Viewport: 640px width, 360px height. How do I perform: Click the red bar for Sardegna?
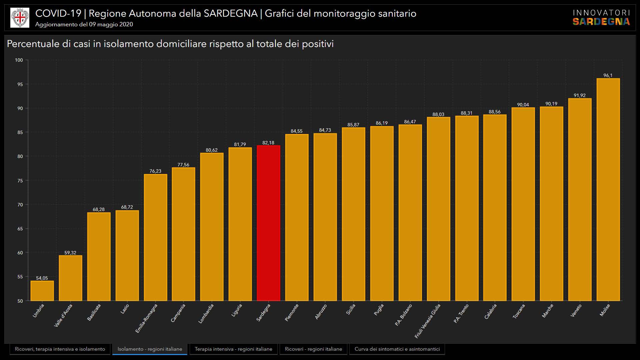[268, 223]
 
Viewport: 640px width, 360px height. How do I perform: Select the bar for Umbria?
[42, 291]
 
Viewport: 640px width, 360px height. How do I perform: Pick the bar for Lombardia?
[212, 227]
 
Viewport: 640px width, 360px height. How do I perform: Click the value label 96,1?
[608, 75]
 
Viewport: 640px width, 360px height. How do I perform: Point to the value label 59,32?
[70, 253]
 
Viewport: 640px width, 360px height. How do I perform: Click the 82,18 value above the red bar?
[268, 143]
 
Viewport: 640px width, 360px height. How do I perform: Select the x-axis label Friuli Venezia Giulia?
[428, 321]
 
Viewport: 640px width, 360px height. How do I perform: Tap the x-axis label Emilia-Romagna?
[147, 318]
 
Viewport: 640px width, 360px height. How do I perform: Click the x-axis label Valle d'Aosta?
[63, 315]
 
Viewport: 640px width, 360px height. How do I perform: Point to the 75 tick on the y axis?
[20, 181]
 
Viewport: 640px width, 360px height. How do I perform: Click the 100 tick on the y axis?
[19, 60]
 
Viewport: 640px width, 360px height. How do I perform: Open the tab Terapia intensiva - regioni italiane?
[233, 349]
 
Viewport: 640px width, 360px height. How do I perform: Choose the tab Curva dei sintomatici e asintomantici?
[397, 349]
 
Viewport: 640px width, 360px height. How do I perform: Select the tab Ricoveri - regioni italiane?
[313, 349]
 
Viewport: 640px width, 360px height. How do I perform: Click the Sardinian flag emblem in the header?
[20, 18]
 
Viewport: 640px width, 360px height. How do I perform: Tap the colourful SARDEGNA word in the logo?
[601, 22]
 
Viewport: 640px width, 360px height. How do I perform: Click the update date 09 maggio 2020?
[111, 24]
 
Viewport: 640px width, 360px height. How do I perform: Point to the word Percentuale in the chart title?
[33, 44]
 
